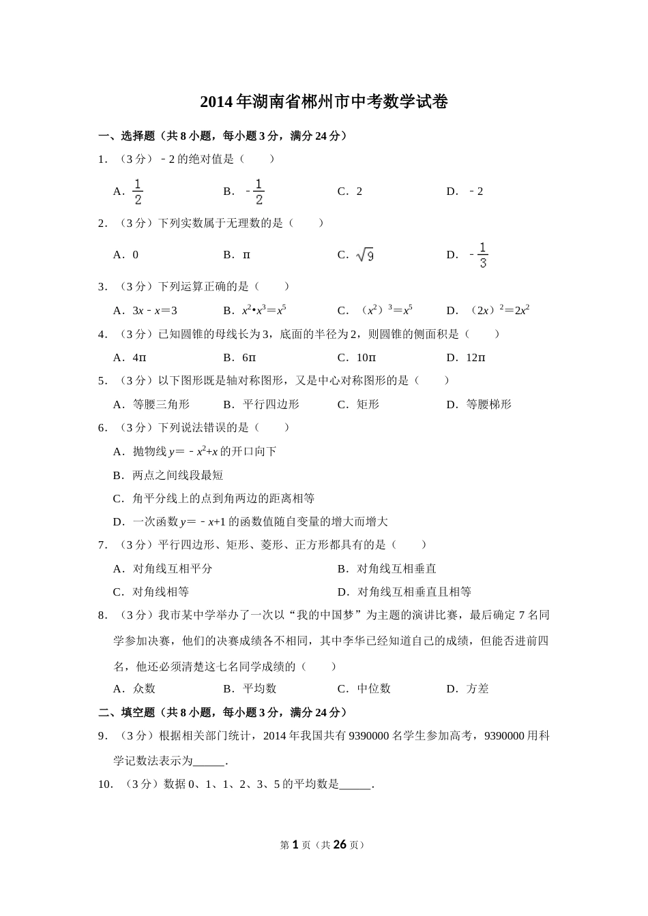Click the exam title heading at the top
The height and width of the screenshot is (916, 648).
pos(324,102)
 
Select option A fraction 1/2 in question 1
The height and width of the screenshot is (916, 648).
pos(137,192)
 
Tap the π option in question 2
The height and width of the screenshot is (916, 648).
pos(246,255)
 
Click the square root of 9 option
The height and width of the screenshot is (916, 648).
pos(365,256)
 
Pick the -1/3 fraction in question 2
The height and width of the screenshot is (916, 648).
pos(480,256)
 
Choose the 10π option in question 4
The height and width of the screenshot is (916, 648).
pos(366,358)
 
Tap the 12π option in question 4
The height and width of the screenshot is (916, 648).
pos(475,358)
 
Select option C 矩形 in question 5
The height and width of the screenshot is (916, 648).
pos(368,405)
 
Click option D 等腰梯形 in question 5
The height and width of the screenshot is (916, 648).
pos(488,405)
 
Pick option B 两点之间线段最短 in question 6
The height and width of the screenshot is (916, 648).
pos(177,475)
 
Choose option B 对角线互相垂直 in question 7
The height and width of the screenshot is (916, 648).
pos(396,568)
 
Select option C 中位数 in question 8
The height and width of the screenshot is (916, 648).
pos(374,689)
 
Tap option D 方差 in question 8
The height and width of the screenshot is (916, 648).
pos(477,689)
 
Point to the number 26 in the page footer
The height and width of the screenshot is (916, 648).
pos(339,844)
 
